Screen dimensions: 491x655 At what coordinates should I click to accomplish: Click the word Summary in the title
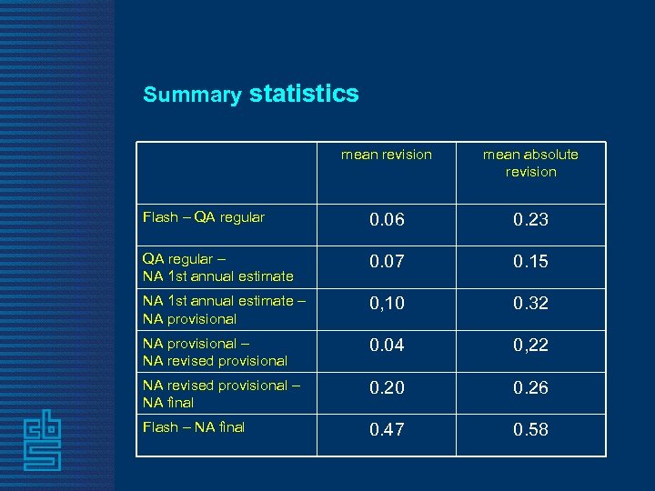tap(191, 95)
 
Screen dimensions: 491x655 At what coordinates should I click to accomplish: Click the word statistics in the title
tap(303, 94)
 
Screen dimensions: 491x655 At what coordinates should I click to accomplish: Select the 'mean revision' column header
tap(387, 155)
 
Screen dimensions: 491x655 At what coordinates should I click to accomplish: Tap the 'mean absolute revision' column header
tap(530, 163)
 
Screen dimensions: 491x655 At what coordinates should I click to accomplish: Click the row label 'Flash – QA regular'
tap(204, 217)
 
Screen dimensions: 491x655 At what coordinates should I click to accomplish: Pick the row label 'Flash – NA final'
tap(194, 426)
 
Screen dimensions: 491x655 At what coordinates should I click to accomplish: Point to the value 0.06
tap(387, 219)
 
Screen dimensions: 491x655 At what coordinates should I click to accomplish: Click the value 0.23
tap(530, 219)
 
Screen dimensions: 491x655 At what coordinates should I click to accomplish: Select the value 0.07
tap(387, 261)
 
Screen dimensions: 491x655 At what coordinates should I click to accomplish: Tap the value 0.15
tap(530, 261)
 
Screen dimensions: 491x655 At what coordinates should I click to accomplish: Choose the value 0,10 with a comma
tap(387, 303)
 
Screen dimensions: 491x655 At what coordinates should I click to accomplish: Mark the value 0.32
tap(530, 303)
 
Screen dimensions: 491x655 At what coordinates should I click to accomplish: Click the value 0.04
tap(387, 346)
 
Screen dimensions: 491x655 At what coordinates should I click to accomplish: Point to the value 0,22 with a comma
tap(530, 346)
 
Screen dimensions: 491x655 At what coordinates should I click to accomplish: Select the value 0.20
tap(387, 387)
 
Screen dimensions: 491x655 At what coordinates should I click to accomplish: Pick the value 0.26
tap(530, 387)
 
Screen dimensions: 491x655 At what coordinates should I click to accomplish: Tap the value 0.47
tap(387, 429)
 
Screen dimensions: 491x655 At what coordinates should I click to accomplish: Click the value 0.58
tap(530, 429)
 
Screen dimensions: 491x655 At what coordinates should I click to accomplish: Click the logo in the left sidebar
tap(43, 439)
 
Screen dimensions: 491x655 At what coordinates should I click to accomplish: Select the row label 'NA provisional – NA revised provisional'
tap(215, 352)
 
